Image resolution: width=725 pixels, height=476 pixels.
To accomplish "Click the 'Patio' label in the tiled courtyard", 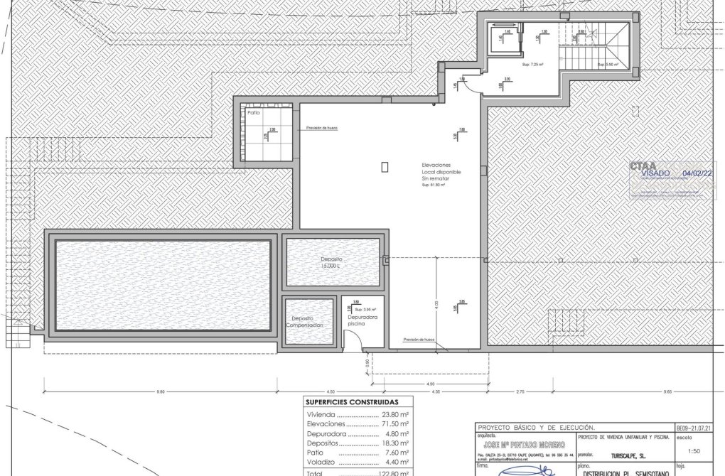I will pyautogui.click(x=254, y=113).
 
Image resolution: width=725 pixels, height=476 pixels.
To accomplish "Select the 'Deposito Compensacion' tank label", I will pyautogui.click(x=304, y=320).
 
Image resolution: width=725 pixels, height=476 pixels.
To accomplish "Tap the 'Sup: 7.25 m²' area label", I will pyautogui.click(x=532, y=65).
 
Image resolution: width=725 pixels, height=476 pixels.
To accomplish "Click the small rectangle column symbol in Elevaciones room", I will pyautogui.click(x=385, y=167).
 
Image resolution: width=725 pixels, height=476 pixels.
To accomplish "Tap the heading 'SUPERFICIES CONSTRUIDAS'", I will pyautogui.click(x=351, y=401).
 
